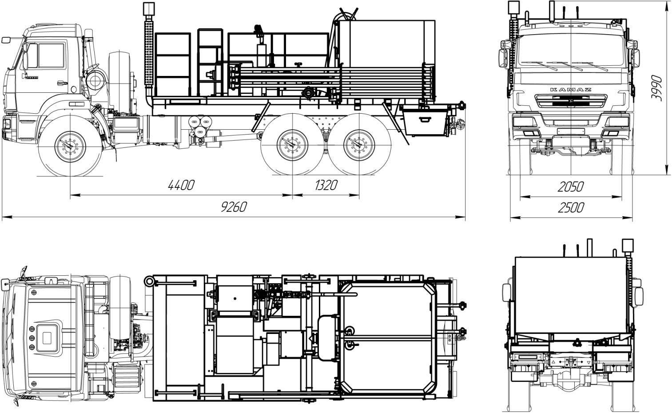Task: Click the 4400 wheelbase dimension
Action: tap(181, 185)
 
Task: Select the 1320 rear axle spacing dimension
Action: tap(326, 185)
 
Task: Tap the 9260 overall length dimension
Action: tap(234, 206)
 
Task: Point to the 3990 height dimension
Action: tap(656, 88)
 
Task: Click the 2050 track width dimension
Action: tap(571, 187)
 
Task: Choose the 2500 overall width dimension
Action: tap(571, 207)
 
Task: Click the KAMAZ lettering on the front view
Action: tap(571, 89)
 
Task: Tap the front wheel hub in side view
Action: tap(71, 147)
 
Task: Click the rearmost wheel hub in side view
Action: tap(359, 145)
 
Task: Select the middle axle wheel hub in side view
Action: tap(292, 145)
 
